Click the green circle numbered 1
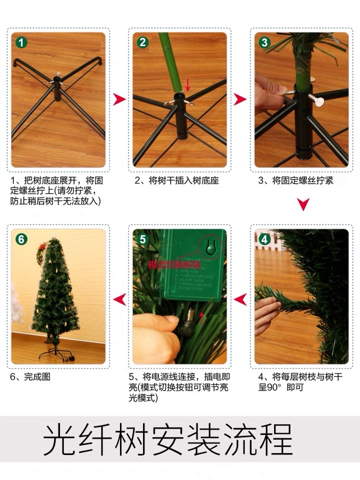pos(21,42)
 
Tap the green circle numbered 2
pos(143,42)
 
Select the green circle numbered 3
pos(264,42)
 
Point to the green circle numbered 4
pos(264,239)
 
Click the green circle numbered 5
pos(143,239)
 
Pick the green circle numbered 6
pos(21,239)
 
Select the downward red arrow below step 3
pos(303,204)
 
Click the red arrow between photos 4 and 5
pos(240,299)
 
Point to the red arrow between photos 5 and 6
pos(119,299)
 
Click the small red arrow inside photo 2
pos(188,84)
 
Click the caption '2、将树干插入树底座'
pos(176,180)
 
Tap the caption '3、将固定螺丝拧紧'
pos(295,180)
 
